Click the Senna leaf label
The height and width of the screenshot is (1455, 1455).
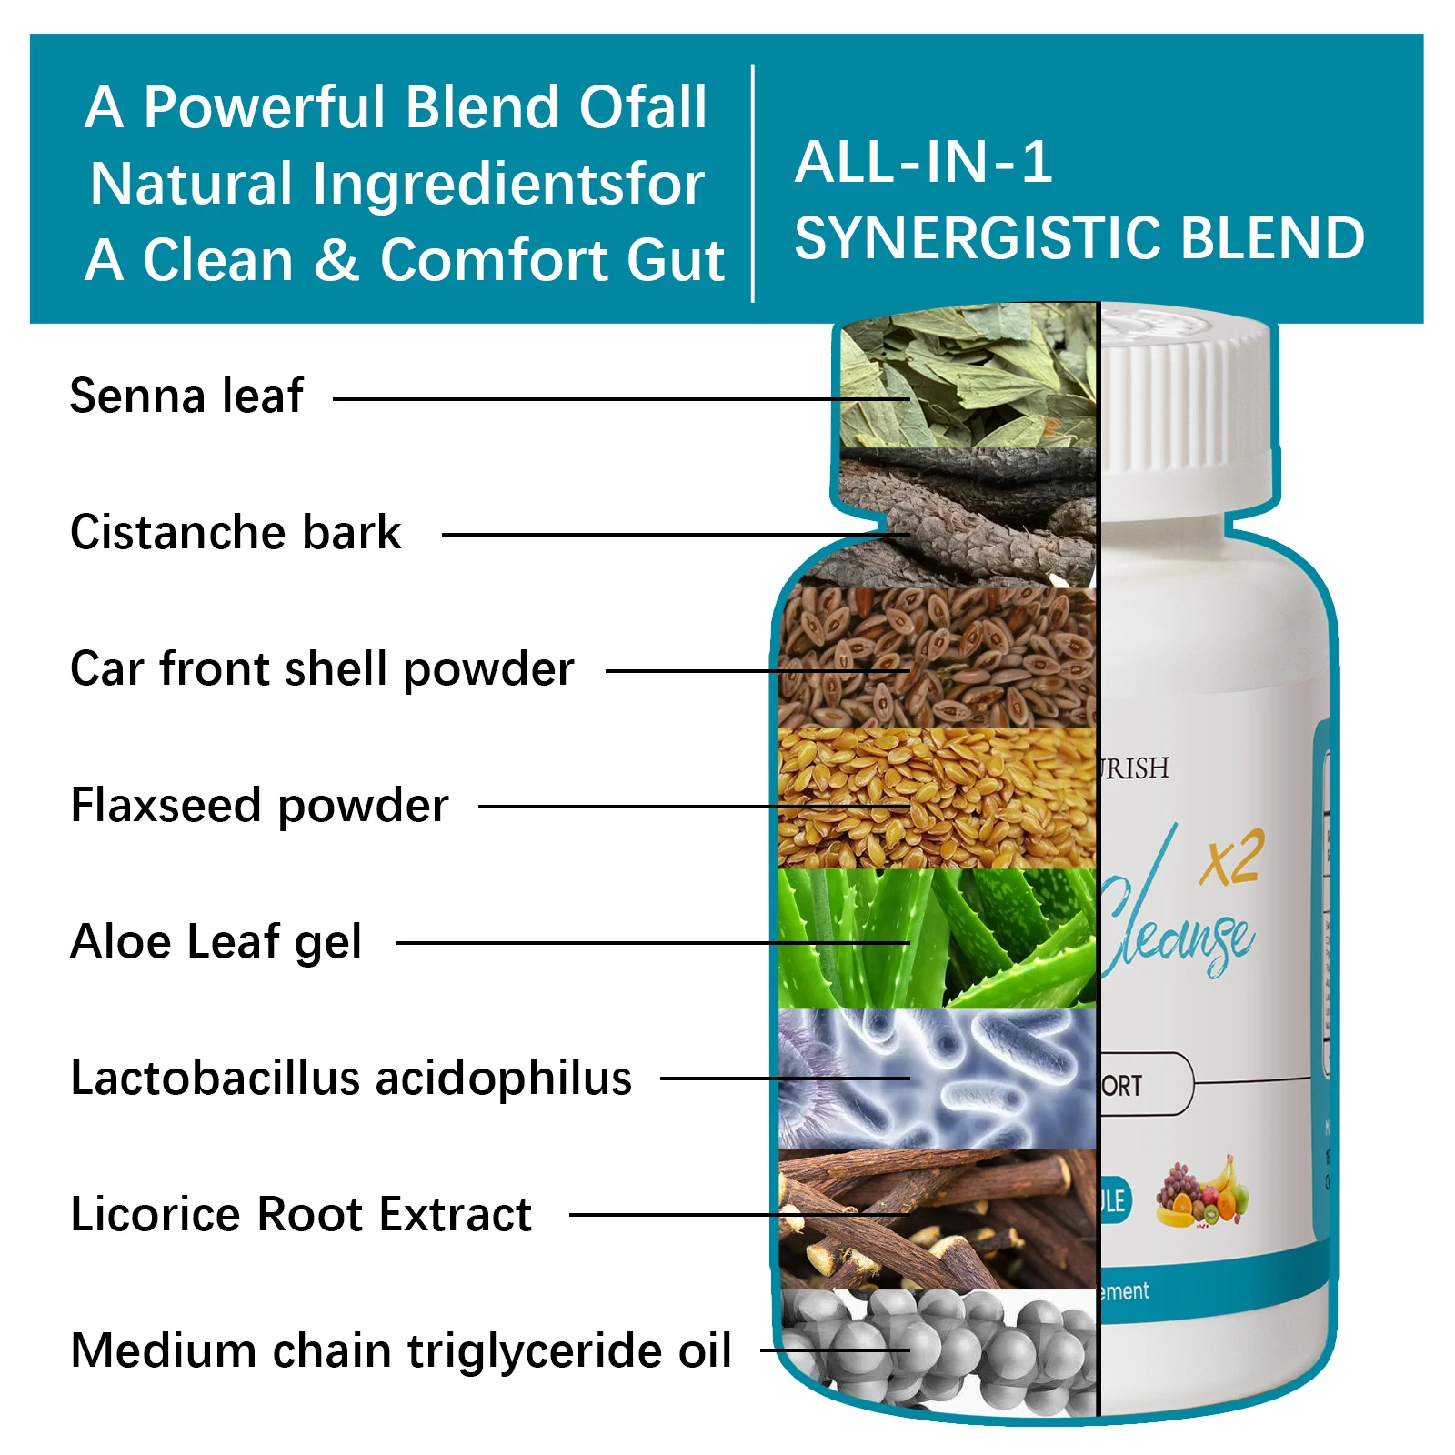coord(186,396)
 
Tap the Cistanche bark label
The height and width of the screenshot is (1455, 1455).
coord(236,533)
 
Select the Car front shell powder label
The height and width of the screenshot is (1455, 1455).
coord(322,669)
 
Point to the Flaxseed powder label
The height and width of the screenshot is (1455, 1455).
coord(260,806)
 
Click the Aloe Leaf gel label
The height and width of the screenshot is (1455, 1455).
coord(216,942)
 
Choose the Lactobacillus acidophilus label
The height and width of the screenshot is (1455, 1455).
coord(351,1079)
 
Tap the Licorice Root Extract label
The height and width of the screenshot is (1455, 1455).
coord(301,1215)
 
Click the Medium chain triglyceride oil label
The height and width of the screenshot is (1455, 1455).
coord(401,1351)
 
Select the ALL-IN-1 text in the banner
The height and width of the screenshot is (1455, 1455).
coord(924,164)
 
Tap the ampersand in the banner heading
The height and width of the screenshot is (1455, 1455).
coord(336,260)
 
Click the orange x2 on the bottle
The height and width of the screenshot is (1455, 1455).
coord(1231,859)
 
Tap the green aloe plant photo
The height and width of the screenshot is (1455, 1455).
coord(937,938)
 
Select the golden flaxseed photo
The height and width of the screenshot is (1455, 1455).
coord(937,798)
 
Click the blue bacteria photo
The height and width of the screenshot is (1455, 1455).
coord(937,1079)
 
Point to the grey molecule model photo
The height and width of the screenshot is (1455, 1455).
coord(937,1353)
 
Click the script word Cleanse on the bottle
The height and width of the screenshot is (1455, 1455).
coord(1178,937)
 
